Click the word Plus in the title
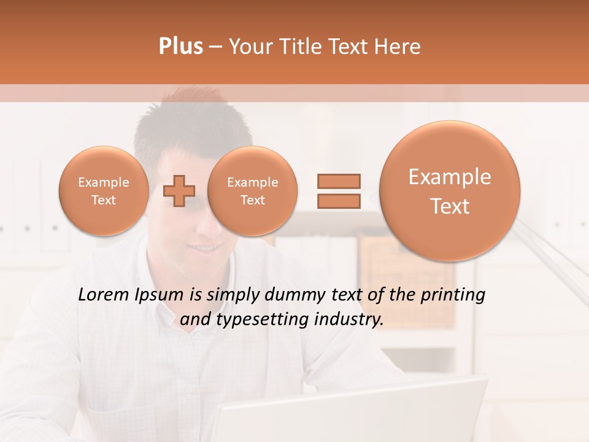pos(180,47)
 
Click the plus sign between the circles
pos(179,190)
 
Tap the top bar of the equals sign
pos(339,181)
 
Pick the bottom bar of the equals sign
pos(339,201)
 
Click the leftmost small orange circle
pos(103,190)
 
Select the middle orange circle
pos(252,190)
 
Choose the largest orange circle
pos(450,191)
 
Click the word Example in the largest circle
pos(450,177)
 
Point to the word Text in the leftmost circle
pos(103,200)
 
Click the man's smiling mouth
pos(207,249)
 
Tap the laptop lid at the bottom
pos(350,411)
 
